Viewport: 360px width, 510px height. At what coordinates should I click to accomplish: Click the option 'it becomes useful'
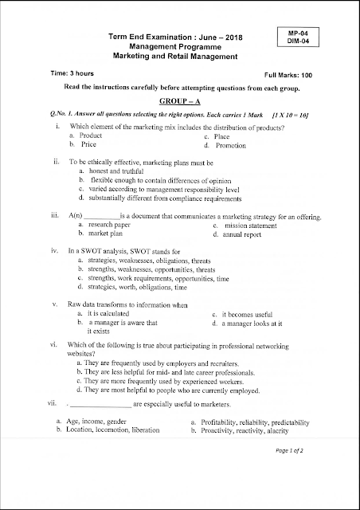(252, 314)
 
